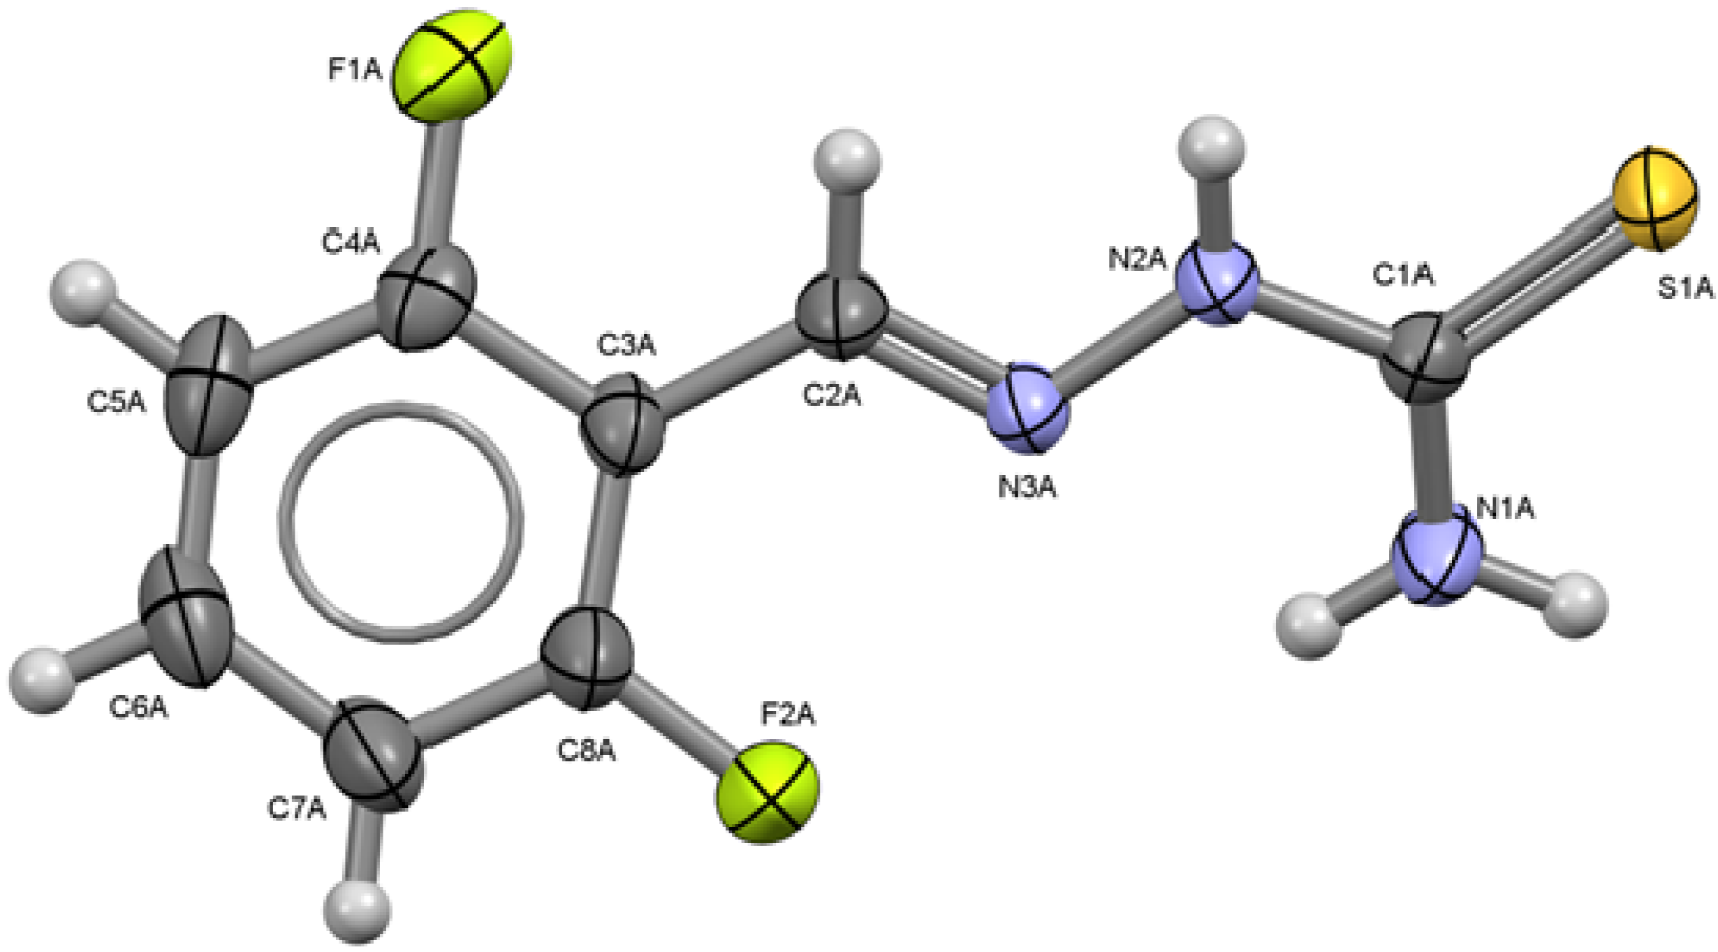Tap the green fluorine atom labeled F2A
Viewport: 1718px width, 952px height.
tap(767, 792)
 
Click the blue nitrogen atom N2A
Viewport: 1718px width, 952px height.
tap(1216, 283)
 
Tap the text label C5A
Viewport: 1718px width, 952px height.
tap(117, 402)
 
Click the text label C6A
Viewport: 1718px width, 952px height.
tap(138, 708)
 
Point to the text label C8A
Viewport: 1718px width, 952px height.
tap(586, 751)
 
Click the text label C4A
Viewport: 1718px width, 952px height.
tap(351, 242)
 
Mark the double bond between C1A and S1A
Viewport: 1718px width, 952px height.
tap(1536, 279)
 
